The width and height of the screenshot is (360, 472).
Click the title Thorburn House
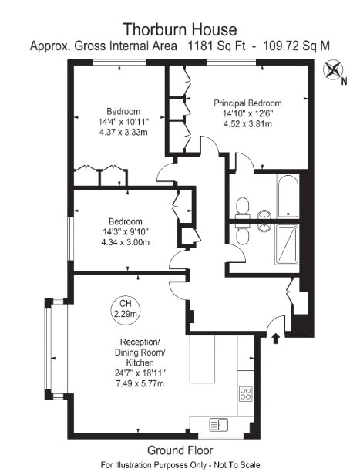pyautogui.click(x=180, y=29)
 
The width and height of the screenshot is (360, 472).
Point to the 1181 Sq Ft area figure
pyautogui.click(x=217, y=46)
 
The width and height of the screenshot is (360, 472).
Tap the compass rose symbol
pyautogui.click(x=333, y=70)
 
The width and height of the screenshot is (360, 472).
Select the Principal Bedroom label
pyautogui.click(x=247, y=103)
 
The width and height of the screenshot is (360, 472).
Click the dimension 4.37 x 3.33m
pyautogui.click(x=123, y=132)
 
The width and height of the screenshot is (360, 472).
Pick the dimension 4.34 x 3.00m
pyautogui.click(x=126, y=242)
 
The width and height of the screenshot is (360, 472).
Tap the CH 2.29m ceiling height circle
pyautogui.click(x=126, y=308)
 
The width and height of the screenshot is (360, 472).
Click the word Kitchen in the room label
pyautogui.click(x=140, y=362)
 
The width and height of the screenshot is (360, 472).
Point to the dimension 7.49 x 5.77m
pyautogui.click(x=140, y=383)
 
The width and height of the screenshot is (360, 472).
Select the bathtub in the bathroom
pyautogui.click(x=288, y=196)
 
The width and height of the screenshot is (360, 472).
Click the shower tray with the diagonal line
pyautogui.click(x=287, y=244)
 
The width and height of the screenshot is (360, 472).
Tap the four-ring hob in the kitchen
pyautogui.click(x=246, y=393)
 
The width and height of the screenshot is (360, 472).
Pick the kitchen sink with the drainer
pyautogui.click(x=219, y=425)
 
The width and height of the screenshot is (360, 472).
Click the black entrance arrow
pyautogui.click(x=275, y=338)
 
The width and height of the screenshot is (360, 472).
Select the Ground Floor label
pyautogui.click(x=180, y=450)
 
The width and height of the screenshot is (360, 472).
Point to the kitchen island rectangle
pyautogui.click(x=202, y=359)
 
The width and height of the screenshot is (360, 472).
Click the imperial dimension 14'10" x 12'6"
pyautogui.click(x=247, y=113)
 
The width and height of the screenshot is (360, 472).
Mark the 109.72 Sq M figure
pyautogui.click(x=296, y=46)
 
